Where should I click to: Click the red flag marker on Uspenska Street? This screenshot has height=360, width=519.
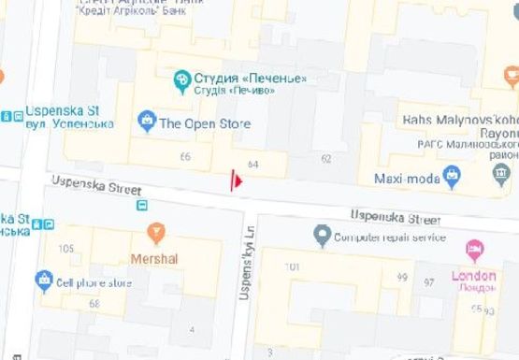click(x=237, y=180)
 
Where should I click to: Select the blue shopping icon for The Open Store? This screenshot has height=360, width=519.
click(x=146, y=121)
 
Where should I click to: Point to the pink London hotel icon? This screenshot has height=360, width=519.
click(x=474, y=251)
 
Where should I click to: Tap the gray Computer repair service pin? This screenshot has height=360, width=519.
click(x=323, y=234)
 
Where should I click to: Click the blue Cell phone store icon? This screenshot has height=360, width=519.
click(x=43, y=280)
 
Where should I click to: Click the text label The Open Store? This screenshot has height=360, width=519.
click(x=205, y=122)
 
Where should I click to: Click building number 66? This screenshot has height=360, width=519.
click(x=185, y=156)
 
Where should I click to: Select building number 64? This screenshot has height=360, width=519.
click(x=252, y=165)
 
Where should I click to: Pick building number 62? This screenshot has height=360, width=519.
click(x=325, y=159)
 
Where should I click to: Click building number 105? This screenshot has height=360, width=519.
click(x=65, y=248)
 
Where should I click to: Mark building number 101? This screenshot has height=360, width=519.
click(x=292, y=267)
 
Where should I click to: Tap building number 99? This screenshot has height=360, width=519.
click(x=402, y=278)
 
